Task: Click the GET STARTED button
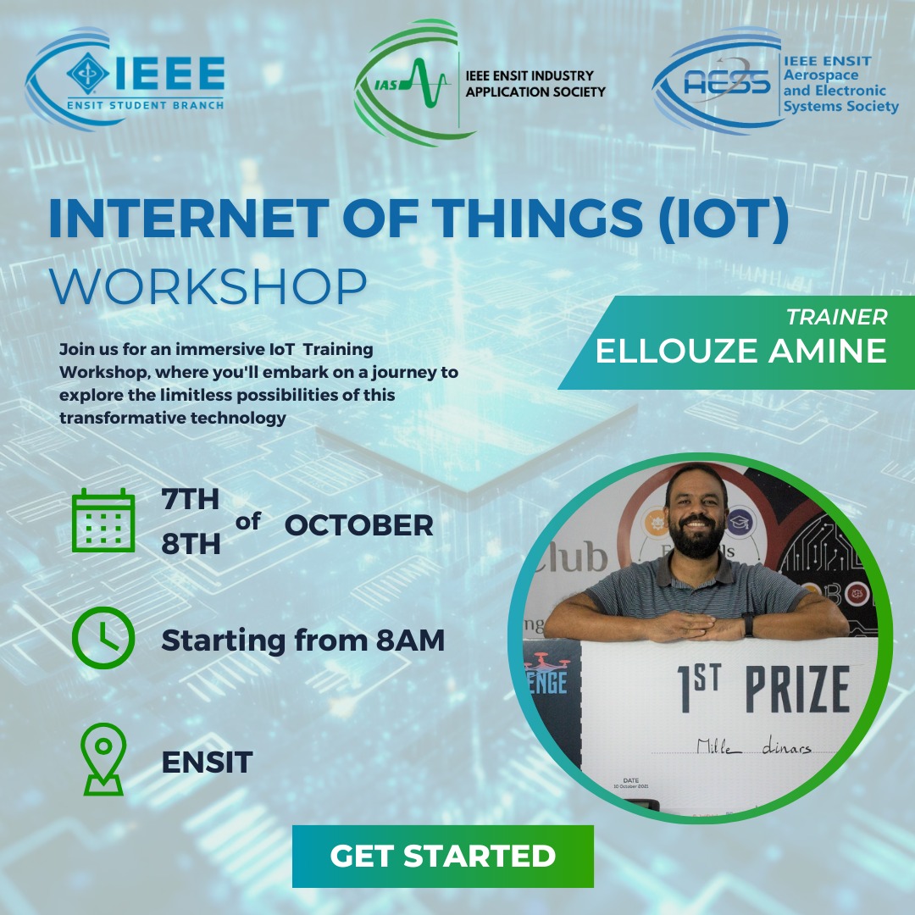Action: (442, 856)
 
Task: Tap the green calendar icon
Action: (103, 521)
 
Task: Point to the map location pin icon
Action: (103, 759)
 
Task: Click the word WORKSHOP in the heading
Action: (208, 288)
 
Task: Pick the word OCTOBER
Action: (358, 525)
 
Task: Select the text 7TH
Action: (191, 501)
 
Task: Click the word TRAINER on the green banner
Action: (836, 317)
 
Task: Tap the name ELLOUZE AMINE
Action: (741, 350)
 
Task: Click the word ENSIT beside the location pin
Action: (208, 762)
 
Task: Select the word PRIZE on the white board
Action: (796, 690)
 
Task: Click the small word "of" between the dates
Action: (248, 522)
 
